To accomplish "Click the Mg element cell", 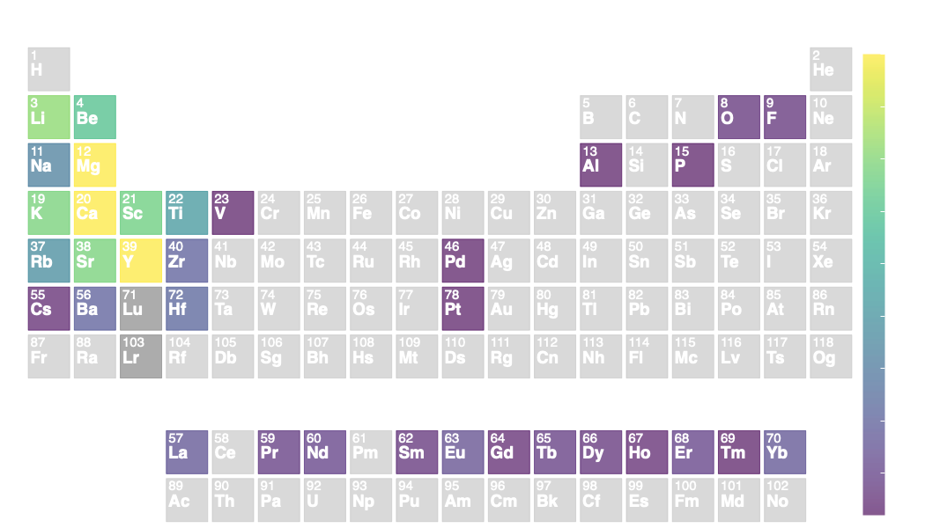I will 95,165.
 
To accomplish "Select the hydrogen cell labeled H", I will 48,69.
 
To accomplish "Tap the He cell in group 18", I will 831,69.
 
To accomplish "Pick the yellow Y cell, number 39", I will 141,260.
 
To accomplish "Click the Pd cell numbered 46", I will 462,260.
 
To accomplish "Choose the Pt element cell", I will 462,308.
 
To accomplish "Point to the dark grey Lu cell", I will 141,308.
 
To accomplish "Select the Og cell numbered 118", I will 831,356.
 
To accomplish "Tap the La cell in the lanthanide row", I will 187,451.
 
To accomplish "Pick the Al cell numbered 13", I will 601,165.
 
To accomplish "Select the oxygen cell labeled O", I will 738,117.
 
